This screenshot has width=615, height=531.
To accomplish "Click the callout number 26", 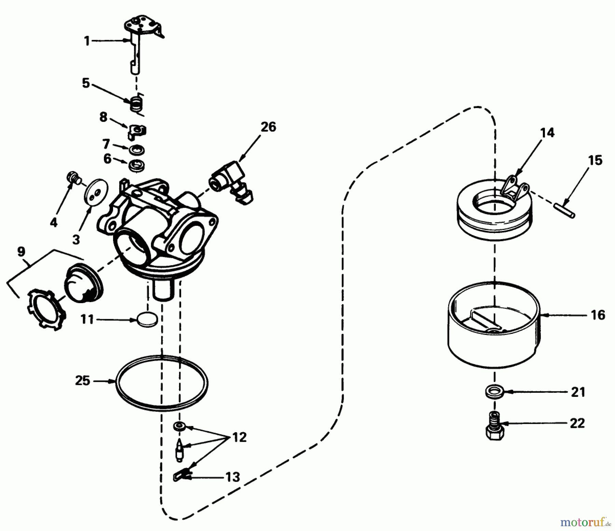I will coord(268,127).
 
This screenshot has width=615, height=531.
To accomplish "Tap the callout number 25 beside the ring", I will coord(83,380).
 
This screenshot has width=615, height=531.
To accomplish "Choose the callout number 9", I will coord(21,252).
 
